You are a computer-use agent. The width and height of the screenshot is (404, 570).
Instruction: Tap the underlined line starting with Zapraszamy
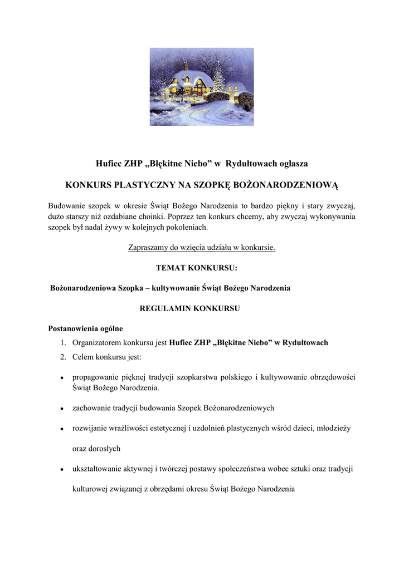tap(202, 248)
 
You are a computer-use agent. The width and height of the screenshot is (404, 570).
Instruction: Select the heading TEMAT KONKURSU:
tap(196, 268)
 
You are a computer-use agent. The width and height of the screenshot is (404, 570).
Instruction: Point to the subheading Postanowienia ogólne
tap(85, 328)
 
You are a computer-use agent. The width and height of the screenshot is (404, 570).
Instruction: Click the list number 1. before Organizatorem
tap(64, 343)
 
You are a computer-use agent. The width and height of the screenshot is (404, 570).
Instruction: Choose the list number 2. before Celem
tap(64, 356)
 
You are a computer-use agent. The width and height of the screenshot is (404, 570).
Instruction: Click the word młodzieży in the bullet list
tap(333, 428)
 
